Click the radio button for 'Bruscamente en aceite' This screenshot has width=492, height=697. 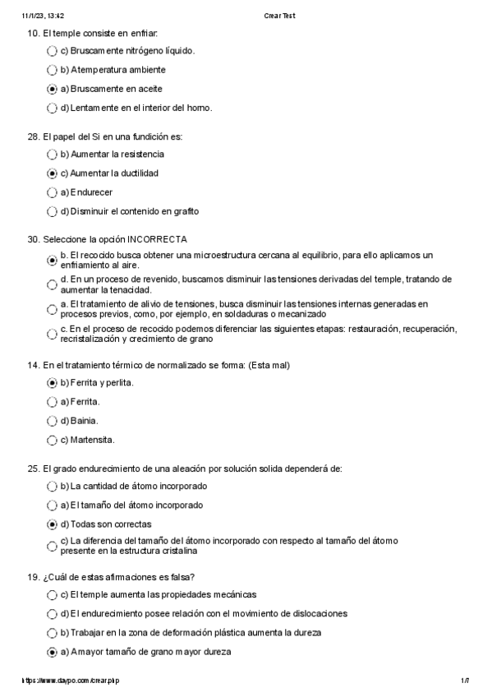pyautogui.click(x=53, y=89)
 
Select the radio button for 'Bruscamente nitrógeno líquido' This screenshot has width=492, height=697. pyautogui.click(x=53, y=51)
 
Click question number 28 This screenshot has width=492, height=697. pyautogui.click(x=34, y=136)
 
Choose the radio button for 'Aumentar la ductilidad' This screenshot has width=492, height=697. pyautogui.click(x=53, y=174)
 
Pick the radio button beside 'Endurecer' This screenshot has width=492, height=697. pyautogui.click(x=53, y=193)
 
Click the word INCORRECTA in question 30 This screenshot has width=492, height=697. pyautogui.click(x=162, y=239)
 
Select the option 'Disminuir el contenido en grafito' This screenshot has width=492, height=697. pyautogui.click(x=135, y=211)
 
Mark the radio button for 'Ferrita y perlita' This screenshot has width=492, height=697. pyautogui.click(x=53, y=383)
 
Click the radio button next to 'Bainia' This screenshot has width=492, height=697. pyautogui.click(x=53, y=421)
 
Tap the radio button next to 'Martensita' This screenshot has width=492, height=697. pyautogui.click(x=53, y=440)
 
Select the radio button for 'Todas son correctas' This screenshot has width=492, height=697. pyautogui.click(x=53, y=524)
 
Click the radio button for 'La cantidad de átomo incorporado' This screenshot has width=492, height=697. pyautogui.click(x=53, y=487)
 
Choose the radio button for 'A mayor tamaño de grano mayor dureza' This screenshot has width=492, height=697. pyautogui.click(x=53, y=653)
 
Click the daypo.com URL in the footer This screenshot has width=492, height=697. pyautogui.click(x=75, y=681)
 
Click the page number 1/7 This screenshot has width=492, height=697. pyautogui.click(x=464, y=681)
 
